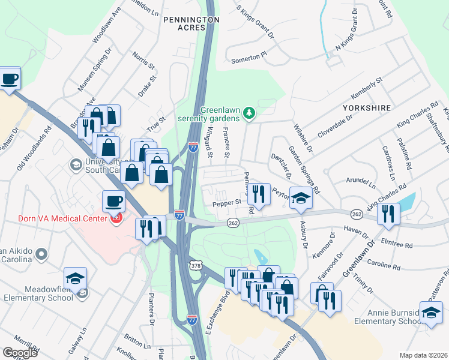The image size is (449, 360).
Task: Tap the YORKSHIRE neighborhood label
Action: [367, 108]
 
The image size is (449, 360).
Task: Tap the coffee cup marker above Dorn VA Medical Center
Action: [114, 201]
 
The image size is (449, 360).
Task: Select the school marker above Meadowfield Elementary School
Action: [75, 278]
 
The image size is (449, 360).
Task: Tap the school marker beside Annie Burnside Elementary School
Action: [431, 313]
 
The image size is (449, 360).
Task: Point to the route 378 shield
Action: [196, 265]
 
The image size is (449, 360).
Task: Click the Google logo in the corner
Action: [20, 352]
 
